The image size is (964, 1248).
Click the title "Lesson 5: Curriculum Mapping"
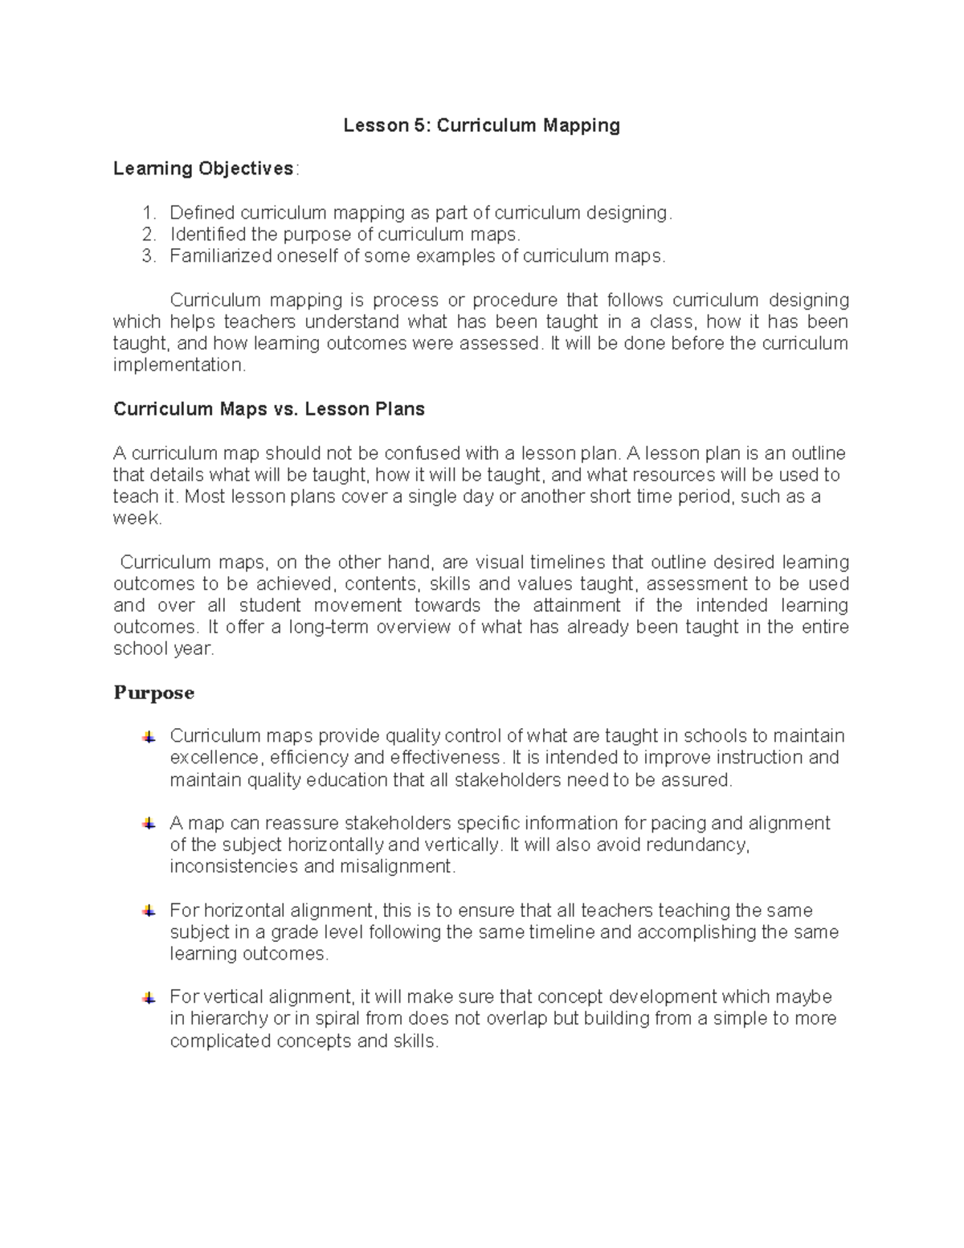coord(481,125)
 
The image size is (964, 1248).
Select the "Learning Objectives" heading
coord(203,169)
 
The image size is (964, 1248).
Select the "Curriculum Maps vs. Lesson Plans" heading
coord(269,409)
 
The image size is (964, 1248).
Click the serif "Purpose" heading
coord(153,693)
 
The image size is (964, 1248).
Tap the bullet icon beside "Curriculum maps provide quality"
coord(149,737)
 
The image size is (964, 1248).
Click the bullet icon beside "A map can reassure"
coord(149,824)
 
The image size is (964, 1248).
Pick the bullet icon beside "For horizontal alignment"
coord(149,910)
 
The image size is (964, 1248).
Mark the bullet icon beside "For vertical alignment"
coord(149,998)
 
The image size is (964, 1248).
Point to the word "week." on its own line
coord(137,519)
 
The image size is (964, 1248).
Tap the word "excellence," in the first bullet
coord(216,758)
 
